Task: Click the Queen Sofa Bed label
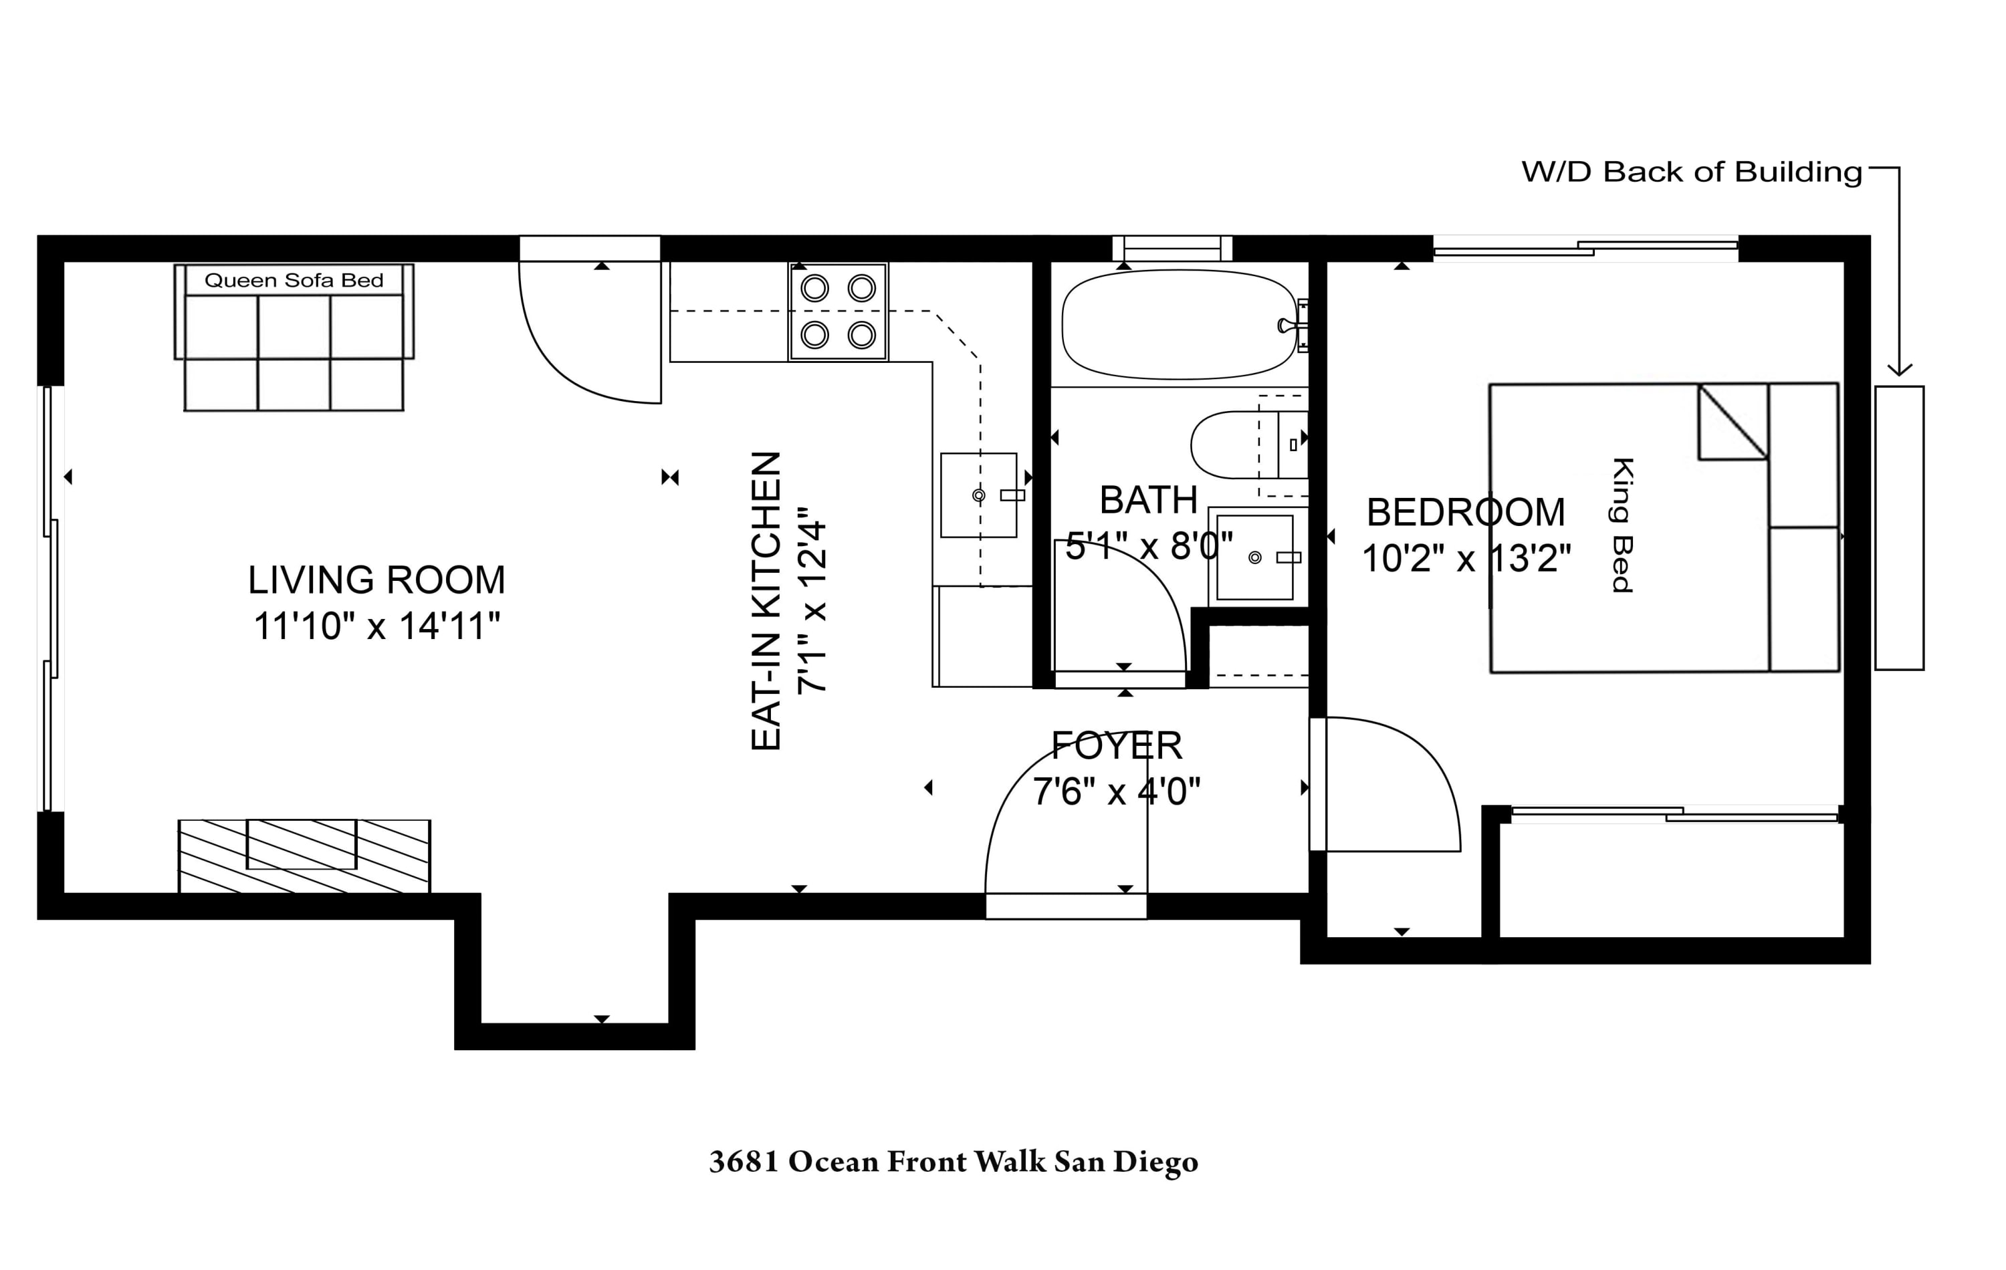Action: pyautogui.click(x=294, y=281)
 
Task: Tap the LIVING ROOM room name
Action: pyautogui.click(x=376, y=580)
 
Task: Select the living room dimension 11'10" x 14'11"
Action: pyautogui.click(x=376, y=626)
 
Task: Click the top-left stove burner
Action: pyautogui.click(x=814, y=289)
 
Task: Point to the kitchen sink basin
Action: pyautogui.click(x=978, y=495)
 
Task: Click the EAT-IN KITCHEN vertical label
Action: pyautogui.click(x=766, y=602)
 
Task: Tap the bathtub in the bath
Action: pyautogui.click(x=1178, y=325)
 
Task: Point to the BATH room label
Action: pyautogui.click(x=1149, y=501)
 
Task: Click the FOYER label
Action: pyautogui.click(x=1116, y=745)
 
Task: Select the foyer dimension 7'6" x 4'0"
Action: pyautogui.click(x=1116, y=791)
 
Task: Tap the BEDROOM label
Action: pyautogui.click(x=1466, y=512)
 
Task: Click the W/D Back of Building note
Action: pyautogui.click(x=1691, y=172)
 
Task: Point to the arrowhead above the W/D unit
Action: pyautogui.click(x=1900, y=370)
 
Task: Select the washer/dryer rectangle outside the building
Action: pyautogui.click(x=1900, y=528)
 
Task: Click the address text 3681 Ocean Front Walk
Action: pyautogui.click(x=953, y=1162)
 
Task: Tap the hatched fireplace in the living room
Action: pyautogui.click(x=304, y=857)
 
